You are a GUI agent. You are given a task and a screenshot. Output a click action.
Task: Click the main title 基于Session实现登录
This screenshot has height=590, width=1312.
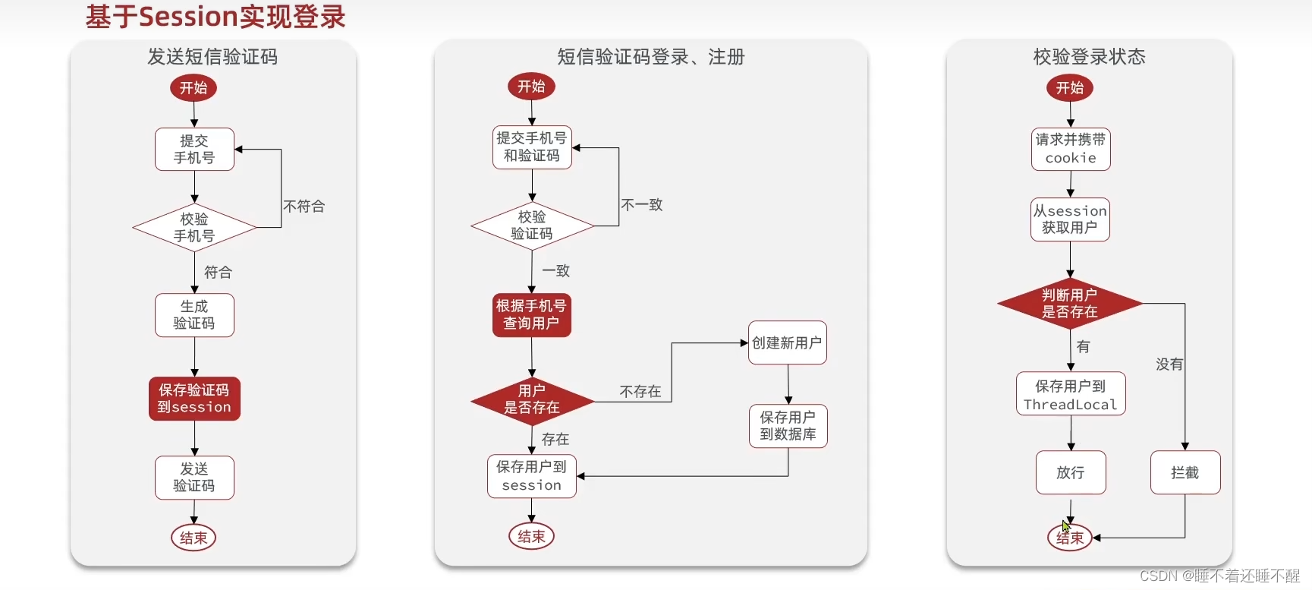(216, 17)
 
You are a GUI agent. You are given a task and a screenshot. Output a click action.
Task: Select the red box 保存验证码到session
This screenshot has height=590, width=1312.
(194, 399)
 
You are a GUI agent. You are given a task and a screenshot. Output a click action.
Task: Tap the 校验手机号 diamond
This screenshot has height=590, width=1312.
(194, 227)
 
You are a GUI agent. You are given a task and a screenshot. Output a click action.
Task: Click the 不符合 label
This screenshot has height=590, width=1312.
(304, 207)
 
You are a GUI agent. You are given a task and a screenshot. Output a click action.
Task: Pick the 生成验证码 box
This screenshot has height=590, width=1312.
(194, 315)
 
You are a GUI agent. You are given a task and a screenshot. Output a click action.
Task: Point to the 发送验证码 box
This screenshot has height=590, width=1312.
(194, 478)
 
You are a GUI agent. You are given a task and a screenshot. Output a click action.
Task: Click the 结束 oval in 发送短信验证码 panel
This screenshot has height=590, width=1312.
(193, 538)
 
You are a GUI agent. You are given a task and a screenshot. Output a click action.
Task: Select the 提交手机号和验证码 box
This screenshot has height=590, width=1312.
(532, 147)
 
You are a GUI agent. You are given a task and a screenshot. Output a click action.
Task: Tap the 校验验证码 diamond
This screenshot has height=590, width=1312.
(532, 226)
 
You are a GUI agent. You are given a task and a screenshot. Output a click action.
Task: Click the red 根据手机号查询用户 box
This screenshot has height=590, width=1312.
(531, 315)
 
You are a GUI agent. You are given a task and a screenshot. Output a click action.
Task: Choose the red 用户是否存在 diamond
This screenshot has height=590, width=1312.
(532, 399)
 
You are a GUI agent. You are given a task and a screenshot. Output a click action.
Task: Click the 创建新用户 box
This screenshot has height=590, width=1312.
(787, 343)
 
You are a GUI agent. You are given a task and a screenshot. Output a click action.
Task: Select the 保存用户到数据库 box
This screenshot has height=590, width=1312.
(788, 426)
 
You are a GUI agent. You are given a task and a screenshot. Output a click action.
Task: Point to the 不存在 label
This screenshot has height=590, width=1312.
(640, 392)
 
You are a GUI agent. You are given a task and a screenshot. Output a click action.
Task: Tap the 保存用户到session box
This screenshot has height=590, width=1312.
(532, 476)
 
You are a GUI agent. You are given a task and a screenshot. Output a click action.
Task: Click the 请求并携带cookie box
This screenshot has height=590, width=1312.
(1071, 149)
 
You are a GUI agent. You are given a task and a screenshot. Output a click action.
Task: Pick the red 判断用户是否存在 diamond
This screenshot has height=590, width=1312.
(1069, 304)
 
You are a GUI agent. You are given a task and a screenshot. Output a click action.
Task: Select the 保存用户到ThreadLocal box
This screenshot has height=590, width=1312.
(1071, 394)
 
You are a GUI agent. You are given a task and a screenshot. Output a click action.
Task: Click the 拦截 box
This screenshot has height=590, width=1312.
(1185, 473)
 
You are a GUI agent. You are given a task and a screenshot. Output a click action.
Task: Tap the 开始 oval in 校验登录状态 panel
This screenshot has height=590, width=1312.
(1070, 88)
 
